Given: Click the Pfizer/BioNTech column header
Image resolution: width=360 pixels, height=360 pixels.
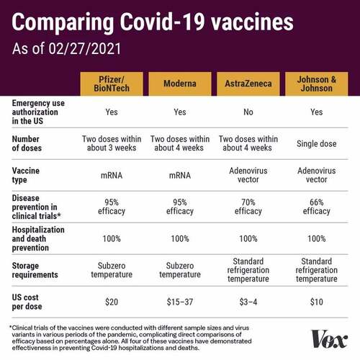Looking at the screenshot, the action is (x=112, y=84).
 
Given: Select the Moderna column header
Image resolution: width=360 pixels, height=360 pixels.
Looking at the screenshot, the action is (x=180, y=84).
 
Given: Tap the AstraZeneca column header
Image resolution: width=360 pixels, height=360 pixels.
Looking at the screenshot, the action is (x=248, y=84).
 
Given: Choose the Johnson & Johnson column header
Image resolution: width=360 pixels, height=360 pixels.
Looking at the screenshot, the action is (x=317, y=84).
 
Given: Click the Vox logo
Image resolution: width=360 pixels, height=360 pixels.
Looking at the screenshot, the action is (x=329, y=339).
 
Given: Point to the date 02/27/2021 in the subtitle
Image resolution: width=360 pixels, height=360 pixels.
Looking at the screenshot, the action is (x=85, y=48).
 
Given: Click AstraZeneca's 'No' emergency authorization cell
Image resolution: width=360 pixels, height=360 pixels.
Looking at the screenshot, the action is (x=248, y=112).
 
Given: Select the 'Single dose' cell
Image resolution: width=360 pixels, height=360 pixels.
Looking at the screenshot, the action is (x=317, y=144).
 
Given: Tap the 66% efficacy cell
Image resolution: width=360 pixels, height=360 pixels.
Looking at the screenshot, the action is (x=317, y=207).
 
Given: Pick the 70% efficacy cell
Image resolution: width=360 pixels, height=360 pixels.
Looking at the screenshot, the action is (x=248, y=207).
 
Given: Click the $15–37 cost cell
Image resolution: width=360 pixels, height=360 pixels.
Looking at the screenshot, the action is (x=180, y=302).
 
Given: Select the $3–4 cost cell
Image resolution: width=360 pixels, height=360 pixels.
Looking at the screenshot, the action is (x=248, y=302).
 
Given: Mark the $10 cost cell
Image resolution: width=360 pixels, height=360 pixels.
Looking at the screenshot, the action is (x=317, y=302).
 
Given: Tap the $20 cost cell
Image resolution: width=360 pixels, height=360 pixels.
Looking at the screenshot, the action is (x=112, y=302).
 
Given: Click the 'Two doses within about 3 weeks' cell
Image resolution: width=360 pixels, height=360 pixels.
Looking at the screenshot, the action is (x=112, y=143).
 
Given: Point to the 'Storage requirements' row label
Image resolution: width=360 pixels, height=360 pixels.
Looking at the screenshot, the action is (x=35, y=270).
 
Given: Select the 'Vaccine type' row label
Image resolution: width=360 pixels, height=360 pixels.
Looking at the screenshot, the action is (x=26, y=175).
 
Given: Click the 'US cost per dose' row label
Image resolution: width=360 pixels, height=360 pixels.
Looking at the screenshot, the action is (x=27, y=302).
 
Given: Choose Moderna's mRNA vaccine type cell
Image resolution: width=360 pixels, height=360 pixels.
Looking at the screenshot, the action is (x=180, y=176).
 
